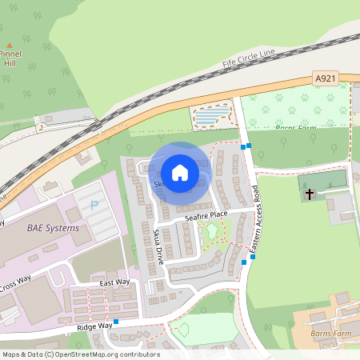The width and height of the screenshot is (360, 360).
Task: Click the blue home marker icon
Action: click(180, 173)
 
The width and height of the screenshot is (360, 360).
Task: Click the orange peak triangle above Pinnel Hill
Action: click(9, 46)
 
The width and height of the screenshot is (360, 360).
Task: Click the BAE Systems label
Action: click(54, 228)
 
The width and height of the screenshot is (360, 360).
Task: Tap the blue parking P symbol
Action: click(94, 205)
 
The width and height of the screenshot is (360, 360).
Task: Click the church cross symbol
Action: click(310, 194)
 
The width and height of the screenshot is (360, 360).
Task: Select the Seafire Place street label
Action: click(206, 215)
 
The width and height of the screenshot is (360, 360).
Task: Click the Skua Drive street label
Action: click(158, 244)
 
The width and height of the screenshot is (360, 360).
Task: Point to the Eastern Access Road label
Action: click(255, 222)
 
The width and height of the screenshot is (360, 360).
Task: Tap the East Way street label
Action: click(114, 282)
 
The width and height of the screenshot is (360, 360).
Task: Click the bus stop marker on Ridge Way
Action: click(116, 322)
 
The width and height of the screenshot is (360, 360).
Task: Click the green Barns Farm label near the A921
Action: click(295, 127)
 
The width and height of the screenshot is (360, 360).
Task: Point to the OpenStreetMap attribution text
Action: click(80, 354)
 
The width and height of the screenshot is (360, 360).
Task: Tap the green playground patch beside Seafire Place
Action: click(211, 232)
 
